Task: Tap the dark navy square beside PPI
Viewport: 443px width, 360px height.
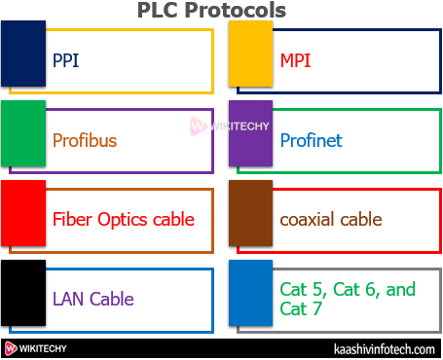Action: tap(23, 53)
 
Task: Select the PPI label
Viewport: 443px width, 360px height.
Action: tap(65, 60)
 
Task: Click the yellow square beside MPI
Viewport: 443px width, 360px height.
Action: tap(250, 53)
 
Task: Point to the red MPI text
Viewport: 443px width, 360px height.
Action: tap(296, 60)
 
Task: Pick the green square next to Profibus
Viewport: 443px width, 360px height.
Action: tap(23, 132)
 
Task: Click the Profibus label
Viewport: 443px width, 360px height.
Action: tap(85, 140)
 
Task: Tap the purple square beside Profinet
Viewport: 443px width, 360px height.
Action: tap(250, 132)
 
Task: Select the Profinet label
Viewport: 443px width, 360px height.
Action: tap(311, 140)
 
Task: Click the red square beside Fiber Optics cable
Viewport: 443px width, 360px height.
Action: tap(23, 212)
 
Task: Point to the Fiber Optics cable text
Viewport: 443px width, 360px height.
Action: tap(124, 220)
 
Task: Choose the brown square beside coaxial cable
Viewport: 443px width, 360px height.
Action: tap(250, 212)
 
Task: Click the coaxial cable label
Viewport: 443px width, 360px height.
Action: tap(330, 220)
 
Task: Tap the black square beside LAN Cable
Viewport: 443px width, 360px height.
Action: tap(23, 292)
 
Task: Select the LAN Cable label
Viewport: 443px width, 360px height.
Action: tap(93, 300)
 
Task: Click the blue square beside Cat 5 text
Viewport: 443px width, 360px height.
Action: tap(250, 292)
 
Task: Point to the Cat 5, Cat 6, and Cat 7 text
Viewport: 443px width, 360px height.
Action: tap(347, 299)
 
